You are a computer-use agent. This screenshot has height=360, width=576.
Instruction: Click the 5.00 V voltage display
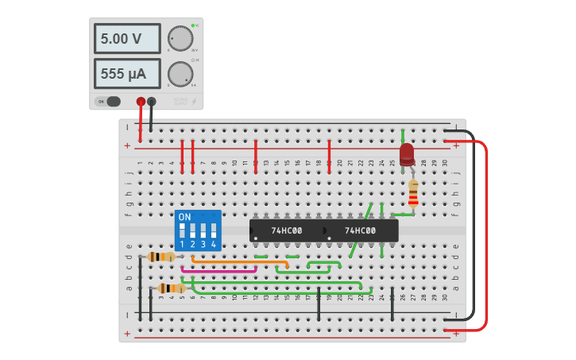[x=126, y=38]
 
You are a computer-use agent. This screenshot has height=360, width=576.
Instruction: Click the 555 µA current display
[x=126, y=74]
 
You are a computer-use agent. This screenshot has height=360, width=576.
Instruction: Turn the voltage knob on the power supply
[x=180, y=38]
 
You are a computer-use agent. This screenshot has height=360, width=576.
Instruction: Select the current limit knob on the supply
[x=180, y=74]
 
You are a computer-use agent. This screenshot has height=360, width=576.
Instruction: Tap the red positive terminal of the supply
[x=141, y=101]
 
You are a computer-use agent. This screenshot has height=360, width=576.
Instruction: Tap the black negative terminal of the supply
[x=151, y=101]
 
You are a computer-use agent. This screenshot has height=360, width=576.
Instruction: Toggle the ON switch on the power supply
[x=110, y=101]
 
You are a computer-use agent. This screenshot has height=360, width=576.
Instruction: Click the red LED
[x=407, y=154]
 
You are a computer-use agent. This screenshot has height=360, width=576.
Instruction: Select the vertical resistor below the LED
[x=412, y=192]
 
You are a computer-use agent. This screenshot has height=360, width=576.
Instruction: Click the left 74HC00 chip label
[x=287, y=230]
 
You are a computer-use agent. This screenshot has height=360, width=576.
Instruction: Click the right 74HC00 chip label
[x=360, y=230]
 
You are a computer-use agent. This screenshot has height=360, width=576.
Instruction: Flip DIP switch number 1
[x=183, y=231]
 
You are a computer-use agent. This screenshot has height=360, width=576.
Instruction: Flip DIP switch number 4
[x=213, y=231]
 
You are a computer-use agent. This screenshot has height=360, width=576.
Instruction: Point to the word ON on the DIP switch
[x=184, y=217]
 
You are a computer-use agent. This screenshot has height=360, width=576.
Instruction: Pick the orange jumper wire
[x=238, y=261]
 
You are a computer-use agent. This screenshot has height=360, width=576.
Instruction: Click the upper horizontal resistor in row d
[x=161, y=257]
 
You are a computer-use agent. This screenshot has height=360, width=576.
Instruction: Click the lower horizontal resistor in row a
[x=171, y=288]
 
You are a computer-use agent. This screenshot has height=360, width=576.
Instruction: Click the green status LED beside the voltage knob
[x=192, y=26]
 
